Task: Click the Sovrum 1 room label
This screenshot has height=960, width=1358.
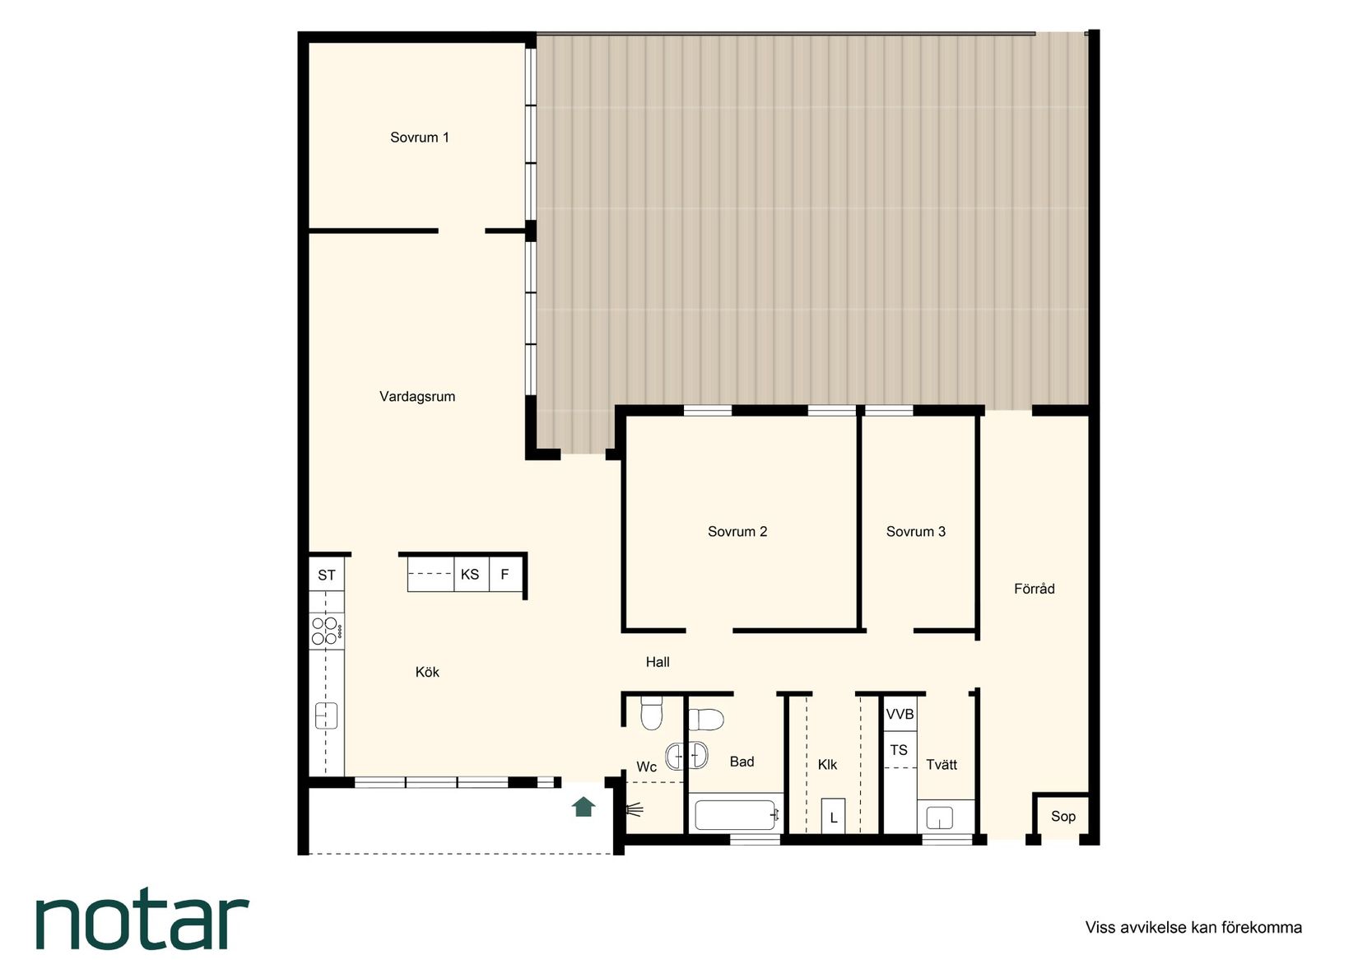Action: pyautogui.click(x=420, y=137)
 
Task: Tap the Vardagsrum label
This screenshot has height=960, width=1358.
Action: pyautogui.click(x=417, y=397)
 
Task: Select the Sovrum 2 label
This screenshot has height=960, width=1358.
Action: pyautogui.click(x=737, y=532)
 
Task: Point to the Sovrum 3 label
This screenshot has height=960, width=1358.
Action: pyautogui.click(x=915, y=532)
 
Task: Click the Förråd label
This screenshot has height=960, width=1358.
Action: pyautogui.click(x=1035, y=589)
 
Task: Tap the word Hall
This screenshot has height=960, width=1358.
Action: pyautogui.click(x=657, y=662)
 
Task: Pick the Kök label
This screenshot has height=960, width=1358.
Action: pyautogui.click(x=427, y=672)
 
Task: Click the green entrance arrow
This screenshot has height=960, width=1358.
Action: pyautogui.click(x=584, y=807)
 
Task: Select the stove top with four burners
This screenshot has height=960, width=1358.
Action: pyautogui.click(x=327, y=631)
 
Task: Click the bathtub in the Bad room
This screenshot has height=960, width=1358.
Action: pyautogui.click(x=736, y=815)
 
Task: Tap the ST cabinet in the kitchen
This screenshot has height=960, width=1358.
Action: pyautogui.click(x=327, y=574)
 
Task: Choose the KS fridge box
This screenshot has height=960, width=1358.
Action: pyautogui.click(x=471, y=574)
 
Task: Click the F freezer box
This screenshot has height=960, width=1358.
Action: pyautogui.click(x=505, y=574)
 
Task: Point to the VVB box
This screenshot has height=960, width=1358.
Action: pyautogui.click(x=900, y=714)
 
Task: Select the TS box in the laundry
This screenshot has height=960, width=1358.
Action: pyautogui.click(x=900, y=750)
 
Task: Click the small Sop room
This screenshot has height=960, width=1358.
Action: pyautogui.click(x=1063, y=816)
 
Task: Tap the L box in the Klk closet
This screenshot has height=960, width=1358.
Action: pyautogui.click(x=833, y=816)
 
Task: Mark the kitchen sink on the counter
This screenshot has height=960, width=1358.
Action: pyautogui.click(x=326, y=715)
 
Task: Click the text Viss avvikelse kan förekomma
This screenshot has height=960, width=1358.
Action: pyautogui.click(x=1193, y=928)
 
